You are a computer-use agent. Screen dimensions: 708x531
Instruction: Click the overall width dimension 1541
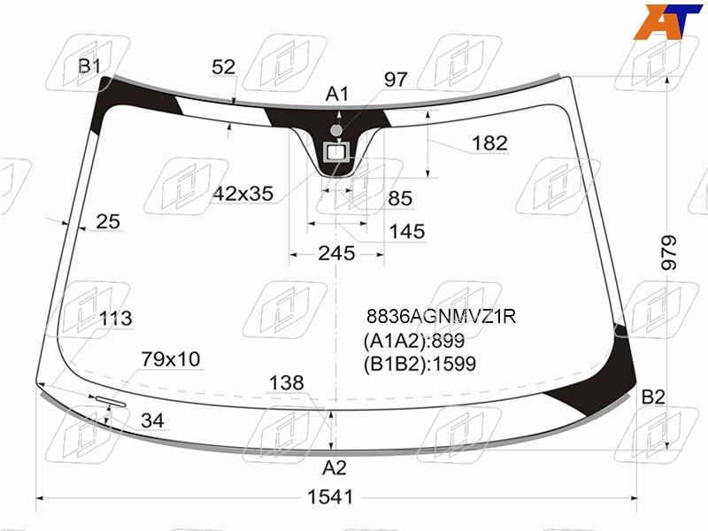[330, 497]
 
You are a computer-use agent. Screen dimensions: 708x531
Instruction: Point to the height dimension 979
[669, 253]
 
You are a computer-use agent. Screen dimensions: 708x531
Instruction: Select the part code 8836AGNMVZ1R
[441, 316]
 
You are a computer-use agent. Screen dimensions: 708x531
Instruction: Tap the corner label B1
[89, 65]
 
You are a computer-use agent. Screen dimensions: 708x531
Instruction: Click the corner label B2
[653, 396]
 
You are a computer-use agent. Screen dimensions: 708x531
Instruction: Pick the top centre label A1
[337, 94]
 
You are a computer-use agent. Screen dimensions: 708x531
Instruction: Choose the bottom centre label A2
[335, 468]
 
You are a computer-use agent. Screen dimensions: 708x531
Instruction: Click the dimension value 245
[336, 253]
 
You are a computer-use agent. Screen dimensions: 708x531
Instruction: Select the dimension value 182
[490, 143]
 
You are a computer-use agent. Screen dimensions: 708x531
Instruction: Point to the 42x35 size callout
[243, 194]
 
